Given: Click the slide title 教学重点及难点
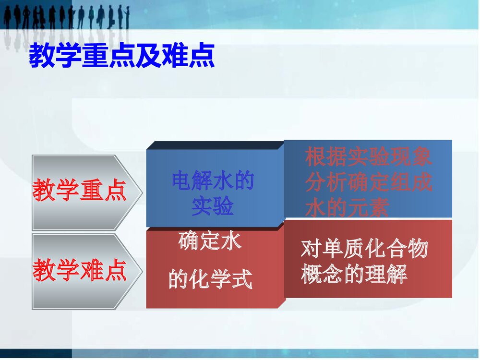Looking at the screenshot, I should click(122, 57).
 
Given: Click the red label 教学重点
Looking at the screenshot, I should click(80, 191).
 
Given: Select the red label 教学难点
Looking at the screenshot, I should click(80, 270).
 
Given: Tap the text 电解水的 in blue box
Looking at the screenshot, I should click(213, 182).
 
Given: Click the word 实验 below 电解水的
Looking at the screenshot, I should click(213, 207).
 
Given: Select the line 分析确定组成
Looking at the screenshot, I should click(369, 183).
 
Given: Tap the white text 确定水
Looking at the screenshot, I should click(210, 241).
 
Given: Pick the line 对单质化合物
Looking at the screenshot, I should click(364, 250).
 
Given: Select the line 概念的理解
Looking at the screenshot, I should click(354, 275).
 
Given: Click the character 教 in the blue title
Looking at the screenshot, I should click(41, 57).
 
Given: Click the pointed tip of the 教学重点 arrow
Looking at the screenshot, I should click(141, 192).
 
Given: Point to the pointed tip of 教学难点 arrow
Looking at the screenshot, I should click(141, 271).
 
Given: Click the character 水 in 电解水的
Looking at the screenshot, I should click(223, 182).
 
